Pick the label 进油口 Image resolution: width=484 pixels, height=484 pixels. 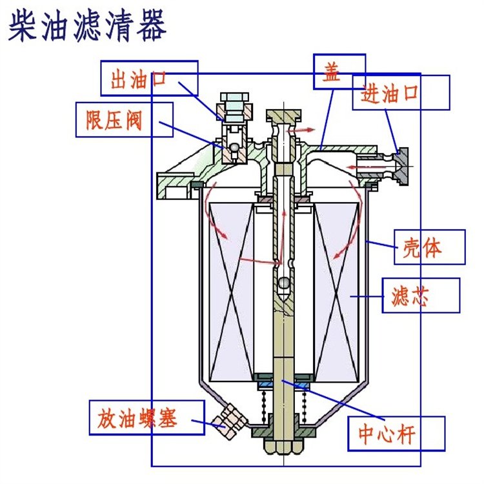[x=389, y=94]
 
